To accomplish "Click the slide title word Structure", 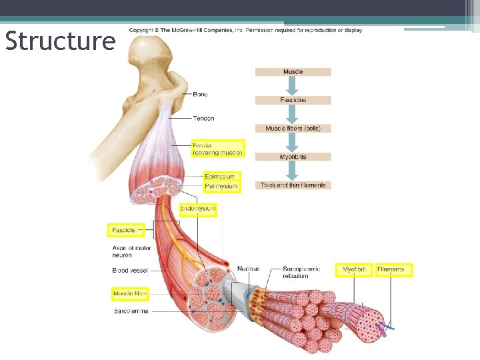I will pos(60,41).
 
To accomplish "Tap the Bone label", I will pos(200,95).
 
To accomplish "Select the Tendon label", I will pos(203,119).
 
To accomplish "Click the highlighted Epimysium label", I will pos(220,177).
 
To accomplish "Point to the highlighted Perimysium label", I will pos(221,186).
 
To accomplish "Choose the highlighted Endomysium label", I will pos(198,209).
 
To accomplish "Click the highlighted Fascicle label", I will pos(124,230).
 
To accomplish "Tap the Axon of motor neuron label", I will pos(131,251).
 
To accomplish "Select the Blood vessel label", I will pos(130,271).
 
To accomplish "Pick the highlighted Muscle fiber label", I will pos(129,293).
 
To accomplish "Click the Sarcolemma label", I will pos(131,311).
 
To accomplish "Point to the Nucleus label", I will pos(248,269).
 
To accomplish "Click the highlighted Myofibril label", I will pos(353,269).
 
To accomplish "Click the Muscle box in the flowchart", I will pos(293,71).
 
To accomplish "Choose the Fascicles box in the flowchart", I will pos(293,100).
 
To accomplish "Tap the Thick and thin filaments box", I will pos(293,185).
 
